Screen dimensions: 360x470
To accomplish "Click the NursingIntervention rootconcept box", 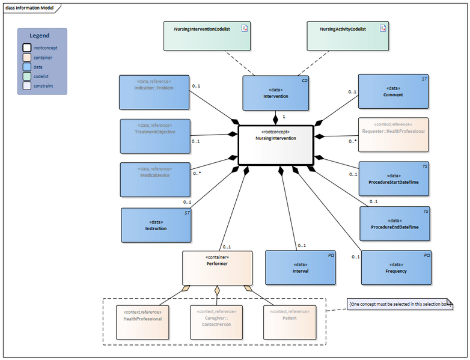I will coord(276,144).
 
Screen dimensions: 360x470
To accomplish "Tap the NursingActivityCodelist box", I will coord(347,36).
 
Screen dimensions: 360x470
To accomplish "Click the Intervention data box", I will coord(275,93).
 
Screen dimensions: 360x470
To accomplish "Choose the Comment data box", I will coord(394,91).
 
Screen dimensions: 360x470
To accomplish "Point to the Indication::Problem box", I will coord(154,92).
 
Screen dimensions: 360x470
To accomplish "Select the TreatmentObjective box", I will coord(155,136).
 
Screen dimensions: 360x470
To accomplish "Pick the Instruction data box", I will coord(156,225).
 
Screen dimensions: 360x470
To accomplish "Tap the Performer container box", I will coord(217,267).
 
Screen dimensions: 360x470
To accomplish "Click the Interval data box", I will coord(301,267).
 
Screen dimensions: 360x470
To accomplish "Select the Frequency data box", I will coord(396,267).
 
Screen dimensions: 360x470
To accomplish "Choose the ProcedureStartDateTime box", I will coord(394,178).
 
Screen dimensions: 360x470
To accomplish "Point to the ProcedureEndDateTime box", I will coord(395,224).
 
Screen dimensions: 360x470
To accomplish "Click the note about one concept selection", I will coord(400,305).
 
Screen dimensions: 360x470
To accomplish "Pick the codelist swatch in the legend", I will coord(27,76).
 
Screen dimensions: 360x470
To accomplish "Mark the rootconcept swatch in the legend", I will coord(27,47).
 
